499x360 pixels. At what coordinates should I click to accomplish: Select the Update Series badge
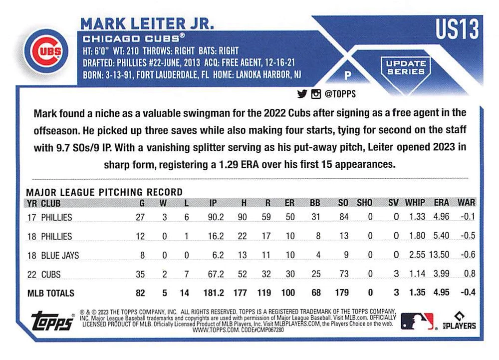(x=405, y=67)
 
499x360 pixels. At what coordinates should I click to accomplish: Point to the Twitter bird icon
(x=301, y=93)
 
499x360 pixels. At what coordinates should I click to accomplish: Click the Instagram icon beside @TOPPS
(x=315, y=93)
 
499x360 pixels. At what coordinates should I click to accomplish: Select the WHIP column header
(x=415, y=203)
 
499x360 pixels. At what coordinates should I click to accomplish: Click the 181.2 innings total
(x=213, y=293)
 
